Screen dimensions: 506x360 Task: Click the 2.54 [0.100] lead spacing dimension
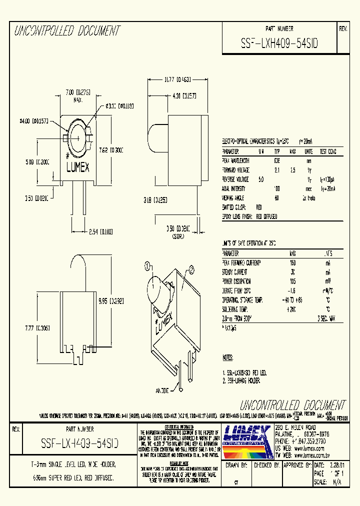88,231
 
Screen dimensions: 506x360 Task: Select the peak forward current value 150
292,262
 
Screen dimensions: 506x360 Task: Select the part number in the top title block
279,43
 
